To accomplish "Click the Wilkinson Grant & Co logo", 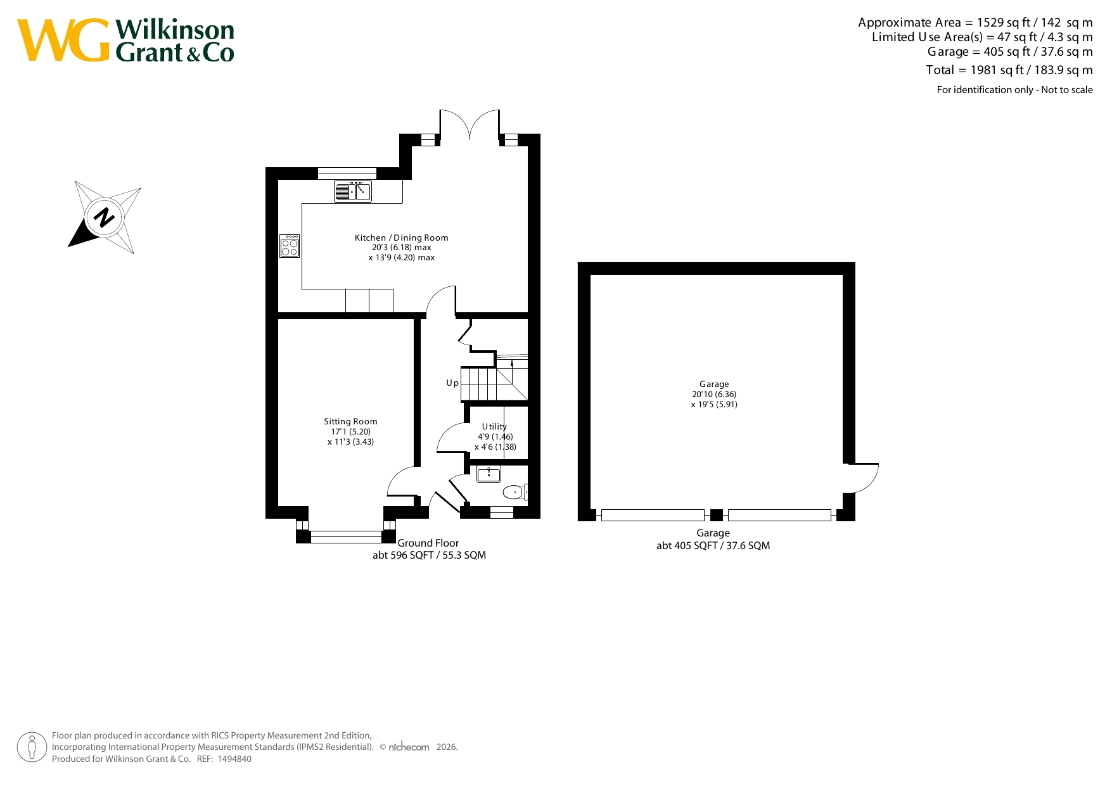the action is click(125, 41).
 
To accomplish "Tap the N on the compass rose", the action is click(104, 217).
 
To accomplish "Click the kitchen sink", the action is click(353, 191).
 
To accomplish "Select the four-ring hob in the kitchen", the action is click(290, 246).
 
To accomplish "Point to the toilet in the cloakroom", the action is click(515, 492).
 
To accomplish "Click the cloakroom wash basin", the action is click(489, 474).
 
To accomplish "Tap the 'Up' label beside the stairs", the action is click(452, 383).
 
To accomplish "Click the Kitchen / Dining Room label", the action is click(402, 238).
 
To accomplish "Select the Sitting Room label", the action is click(350, 421).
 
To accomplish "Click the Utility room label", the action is click(494, 426).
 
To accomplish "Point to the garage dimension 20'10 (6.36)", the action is click(714, 394).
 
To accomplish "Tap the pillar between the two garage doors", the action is click(716, 515).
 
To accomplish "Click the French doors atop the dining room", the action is click(470, 125).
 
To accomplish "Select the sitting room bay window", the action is click(346, 531).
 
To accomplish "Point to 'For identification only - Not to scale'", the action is click(1014, 90).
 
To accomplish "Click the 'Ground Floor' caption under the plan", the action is click(428, 543).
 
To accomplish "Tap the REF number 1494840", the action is click(234, 759).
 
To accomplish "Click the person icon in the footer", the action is click(32, 747).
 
